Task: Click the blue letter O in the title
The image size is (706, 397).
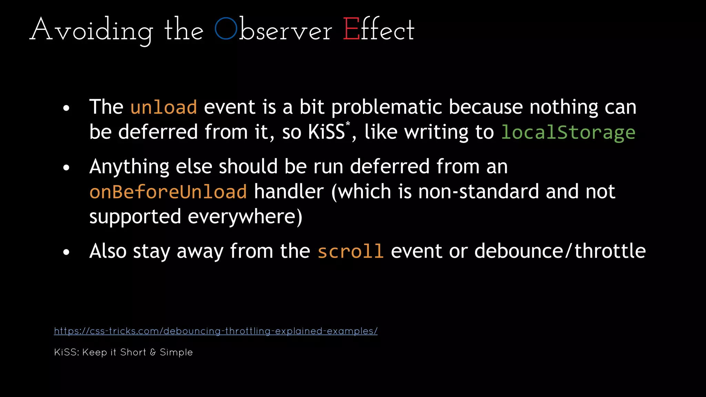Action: click(226, 29)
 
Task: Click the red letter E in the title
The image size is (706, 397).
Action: click(351, 30)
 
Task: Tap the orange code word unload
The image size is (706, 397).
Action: click(164, 107)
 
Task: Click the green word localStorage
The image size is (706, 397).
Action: click(568, 132)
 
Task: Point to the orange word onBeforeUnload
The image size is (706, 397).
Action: click(168, 192)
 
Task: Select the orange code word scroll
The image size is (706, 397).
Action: click(350, 251)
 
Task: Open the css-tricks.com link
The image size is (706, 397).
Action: click(216, 331)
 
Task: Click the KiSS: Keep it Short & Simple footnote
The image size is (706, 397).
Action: click(123, 352)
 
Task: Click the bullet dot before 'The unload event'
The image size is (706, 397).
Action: click(67, 109)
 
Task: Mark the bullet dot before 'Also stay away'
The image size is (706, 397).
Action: click(67, 252)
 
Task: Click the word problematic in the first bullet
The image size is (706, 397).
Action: click(386, 107)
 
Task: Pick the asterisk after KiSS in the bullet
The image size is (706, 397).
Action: click(348, 123)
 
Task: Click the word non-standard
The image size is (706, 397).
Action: click(478, 192)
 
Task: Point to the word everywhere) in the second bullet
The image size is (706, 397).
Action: click(245, 217)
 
